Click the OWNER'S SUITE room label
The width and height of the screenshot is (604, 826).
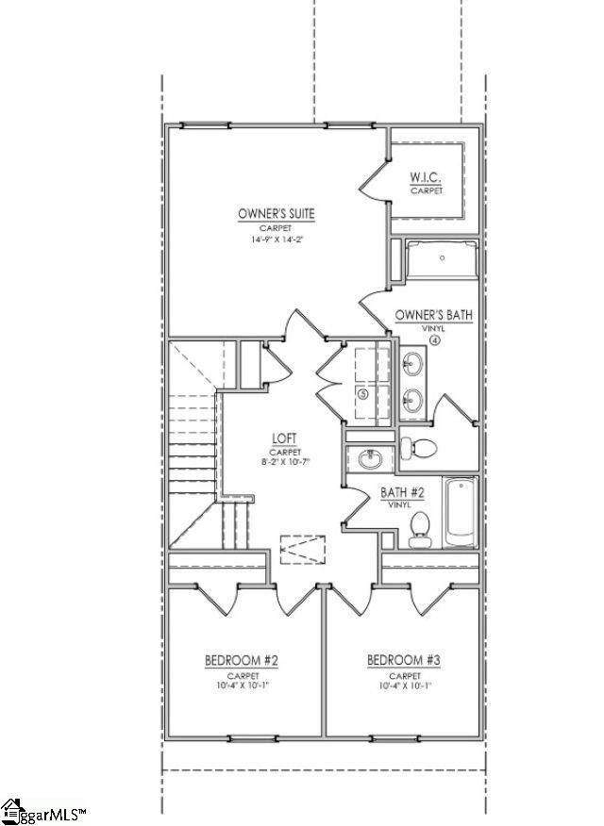[x=277, y=214]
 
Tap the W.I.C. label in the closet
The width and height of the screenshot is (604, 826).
[x=427, y=178]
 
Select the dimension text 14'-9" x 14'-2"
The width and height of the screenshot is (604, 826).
[x=277, y=240]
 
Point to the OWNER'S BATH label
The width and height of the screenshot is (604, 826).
[x=434, y=315]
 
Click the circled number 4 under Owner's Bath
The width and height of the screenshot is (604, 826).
[x=435, y=339]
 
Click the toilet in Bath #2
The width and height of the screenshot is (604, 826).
[x=421, y=528]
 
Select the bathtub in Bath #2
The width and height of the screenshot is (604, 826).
[x=461, y=512]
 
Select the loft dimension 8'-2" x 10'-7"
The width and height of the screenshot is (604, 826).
[x=285, y=462]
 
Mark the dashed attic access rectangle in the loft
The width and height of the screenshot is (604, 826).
[x=302, y=547]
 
